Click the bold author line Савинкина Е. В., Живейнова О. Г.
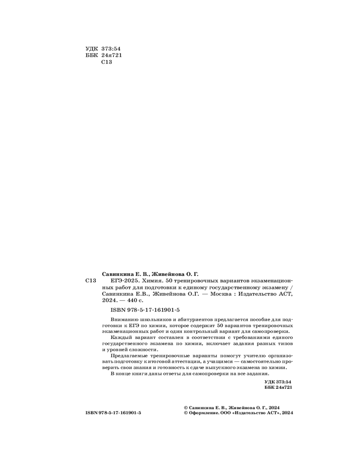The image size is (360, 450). tap(150, 273)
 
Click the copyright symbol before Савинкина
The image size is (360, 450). tap(186, 406)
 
